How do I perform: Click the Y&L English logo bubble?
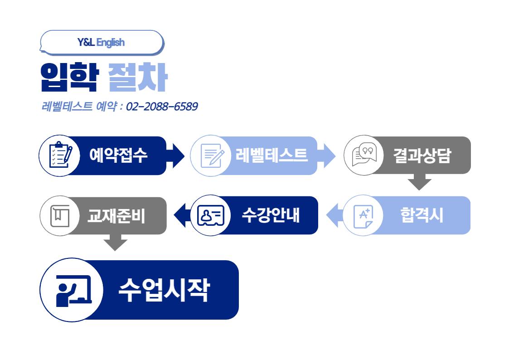coord(102,43)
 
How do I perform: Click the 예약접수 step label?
coord(118,156)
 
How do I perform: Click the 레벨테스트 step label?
coord(271,155)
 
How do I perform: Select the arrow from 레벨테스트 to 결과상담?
coord(328,156)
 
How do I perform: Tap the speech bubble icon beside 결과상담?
coord(364,156)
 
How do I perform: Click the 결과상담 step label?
coord(422,156)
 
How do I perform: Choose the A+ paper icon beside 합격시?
coord(363,216)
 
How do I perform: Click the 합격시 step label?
coord(422,215)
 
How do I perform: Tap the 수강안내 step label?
coord(271,215)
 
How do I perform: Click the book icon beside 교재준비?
coord(59,216)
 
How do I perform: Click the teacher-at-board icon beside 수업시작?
coord(73,290)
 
